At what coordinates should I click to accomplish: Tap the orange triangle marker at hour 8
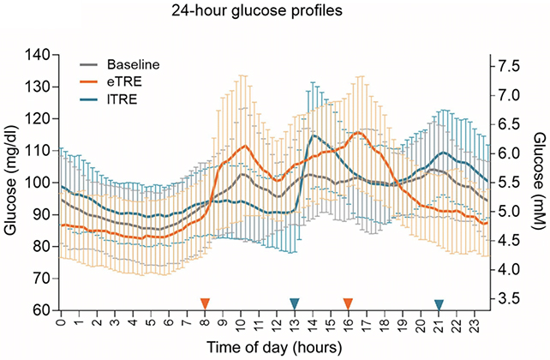[x=205, y=303]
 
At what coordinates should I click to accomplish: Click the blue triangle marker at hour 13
[x=295, y=303]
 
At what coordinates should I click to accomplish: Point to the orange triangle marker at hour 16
[x=348, y=303]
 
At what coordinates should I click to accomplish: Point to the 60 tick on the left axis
[x=40, y=311]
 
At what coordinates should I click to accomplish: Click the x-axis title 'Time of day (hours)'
[x=274, y=347]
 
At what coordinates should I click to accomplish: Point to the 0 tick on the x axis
[x=61, y=327]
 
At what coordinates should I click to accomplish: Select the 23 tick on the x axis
[x=475, y=327]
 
